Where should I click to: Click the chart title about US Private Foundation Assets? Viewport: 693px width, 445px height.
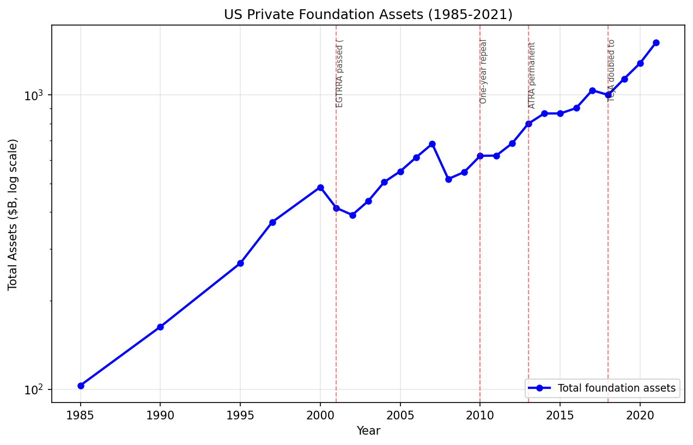point(368,15)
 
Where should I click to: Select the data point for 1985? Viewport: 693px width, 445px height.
point(81,386)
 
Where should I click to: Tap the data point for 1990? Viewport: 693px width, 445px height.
point(160,327)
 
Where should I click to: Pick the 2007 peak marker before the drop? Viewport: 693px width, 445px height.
point(432,144)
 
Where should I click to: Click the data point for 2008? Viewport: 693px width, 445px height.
point(448,179)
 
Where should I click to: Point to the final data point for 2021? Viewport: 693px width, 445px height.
point(656,42)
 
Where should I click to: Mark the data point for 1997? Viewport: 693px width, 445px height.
point(272,222)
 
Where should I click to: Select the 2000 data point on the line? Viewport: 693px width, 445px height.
point(320,187)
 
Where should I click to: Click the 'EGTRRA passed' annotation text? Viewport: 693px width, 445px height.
point(340,73)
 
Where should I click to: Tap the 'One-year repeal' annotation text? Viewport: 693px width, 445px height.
point(483,71)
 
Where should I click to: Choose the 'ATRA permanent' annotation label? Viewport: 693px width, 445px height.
point(532,75)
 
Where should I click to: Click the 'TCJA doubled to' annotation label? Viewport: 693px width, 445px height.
point(611,70)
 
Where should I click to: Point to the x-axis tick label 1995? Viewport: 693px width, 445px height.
point(240,415)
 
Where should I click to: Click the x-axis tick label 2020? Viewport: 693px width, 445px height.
point(640,415)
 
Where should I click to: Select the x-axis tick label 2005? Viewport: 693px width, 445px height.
point(400,415)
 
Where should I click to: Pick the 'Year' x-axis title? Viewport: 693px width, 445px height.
point(368,431)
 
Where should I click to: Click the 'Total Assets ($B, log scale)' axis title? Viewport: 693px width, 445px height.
point(13,214)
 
